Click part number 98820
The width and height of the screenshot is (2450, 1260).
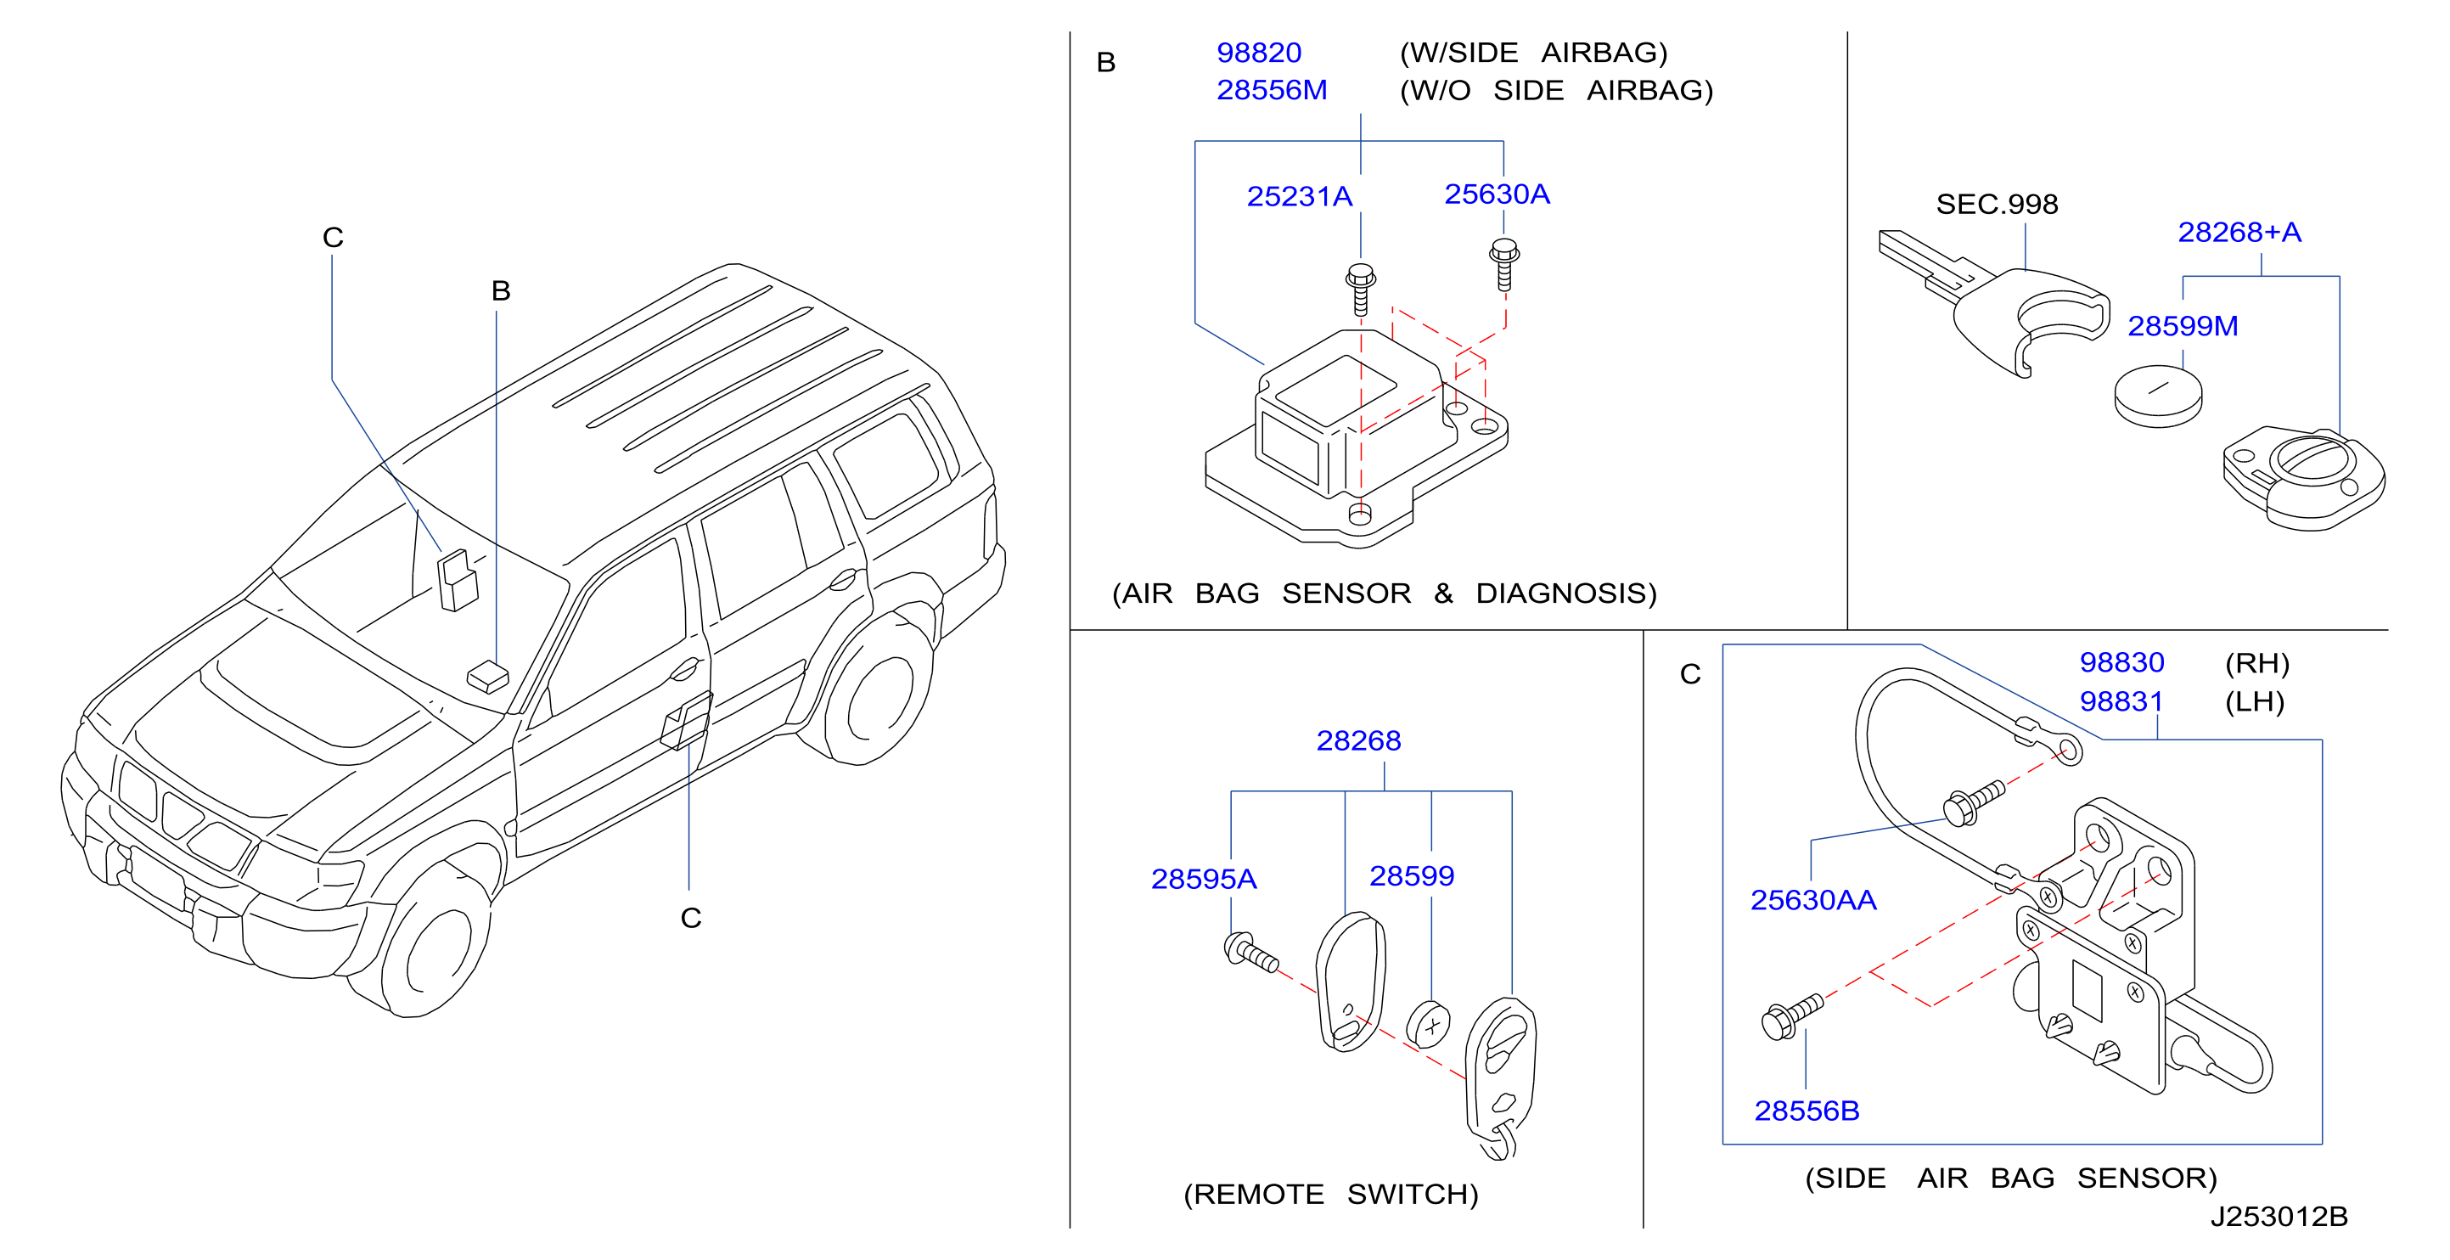coord(1258,53)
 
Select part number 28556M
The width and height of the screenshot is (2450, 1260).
coord(1272,90)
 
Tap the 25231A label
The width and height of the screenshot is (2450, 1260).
coord(1299,197)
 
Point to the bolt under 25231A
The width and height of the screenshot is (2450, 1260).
coord(1361,289)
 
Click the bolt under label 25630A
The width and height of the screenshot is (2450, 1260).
coord(1503,264)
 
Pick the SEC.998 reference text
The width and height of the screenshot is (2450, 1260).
coord(1997,205)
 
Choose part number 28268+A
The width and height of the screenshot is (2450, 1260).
coord(2239,233)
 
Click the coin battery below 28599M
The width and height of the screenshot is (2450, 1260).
coord(2158,397)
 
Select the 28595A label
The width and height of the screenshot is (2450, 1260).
coord(1203,880)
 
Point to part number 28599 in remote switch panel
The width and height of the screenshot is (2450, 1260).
coord(1412,877)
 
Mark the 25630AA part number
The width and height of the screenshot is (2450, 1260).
coord(1812,901)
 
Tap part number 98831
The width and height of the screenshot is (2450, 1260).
coord(2121,702)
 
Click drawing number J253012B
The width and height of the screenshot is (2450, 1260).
coord(2279,1218)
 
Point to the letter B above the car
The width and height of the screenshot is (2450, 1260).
coord(501,291)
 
